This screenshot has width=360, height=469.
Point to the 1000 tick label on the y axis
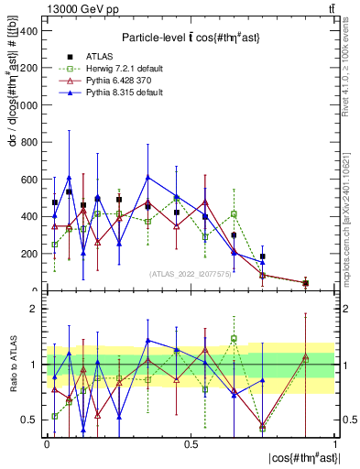tap(27, 104)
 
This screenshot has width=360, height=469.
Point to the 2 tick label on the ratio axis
tap(37, 309)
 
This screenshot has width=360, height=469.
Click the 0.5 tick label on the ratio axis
tap(32, 420)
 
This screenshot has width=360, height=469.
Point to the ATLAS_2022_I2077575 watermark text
tap(191, 274)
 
